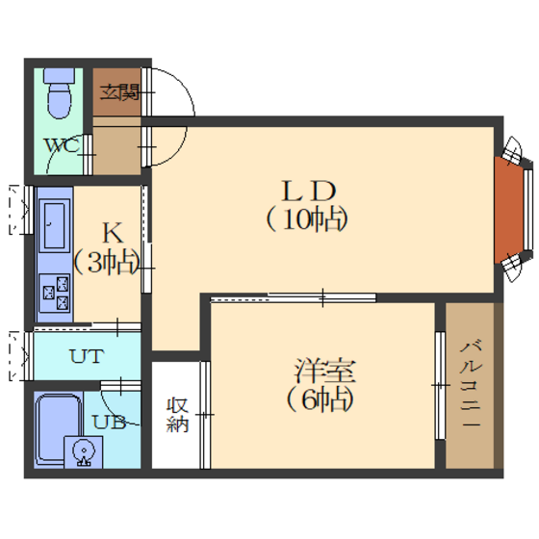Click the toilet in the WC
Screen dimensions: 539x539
click(x=59, y=92)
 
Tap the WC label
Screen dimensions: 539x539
click(x=63, y=145)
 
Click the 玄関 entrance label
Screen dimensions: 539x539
click(x=119, y=92)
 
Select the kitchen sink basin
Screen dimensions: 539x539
click(x=54, y=225)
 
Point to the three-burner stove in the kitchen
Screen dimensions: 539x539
click(x=54, y=293)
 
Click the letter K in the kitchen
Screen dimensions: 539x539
click(x=113, y=233)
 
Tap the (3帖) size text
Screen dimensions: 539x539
click(x=107, y=263)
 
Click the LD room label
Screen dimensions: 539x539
click(x=308, y=192)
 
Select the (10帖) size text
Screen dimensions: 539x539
click(x=307, y=219)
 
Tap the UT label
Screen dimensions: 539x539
click(x=87, y=356)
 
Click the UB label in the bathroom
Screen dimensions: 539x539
click(x=110, y=422)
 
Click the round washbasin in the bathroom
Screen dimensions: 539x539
click(x=84, y=452)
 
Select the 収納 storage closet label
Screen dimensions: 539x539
click(x=177, y=415)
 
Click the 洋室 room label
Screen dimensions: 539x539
click(x=324, y=371)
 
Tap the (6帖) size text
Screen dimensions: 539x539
click(x=321, y=399)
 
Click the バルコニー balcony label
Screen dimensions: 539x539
click(x=471, y=384)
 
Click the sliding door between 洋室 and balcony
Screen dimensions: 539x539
click(x=440, y=385)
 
